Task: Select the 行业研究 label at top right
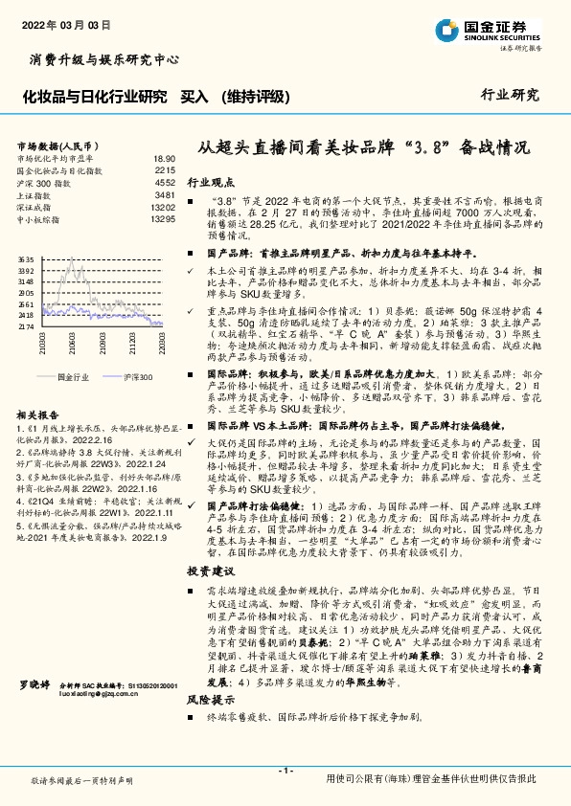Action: (510, 95)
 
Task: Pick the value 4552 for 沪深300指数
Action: (165, 181)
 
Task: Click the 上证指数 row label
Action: (34, 194)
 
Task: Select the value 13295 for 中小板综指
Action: (163, 219)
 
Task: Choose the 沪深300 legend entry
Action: (138, 377)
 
